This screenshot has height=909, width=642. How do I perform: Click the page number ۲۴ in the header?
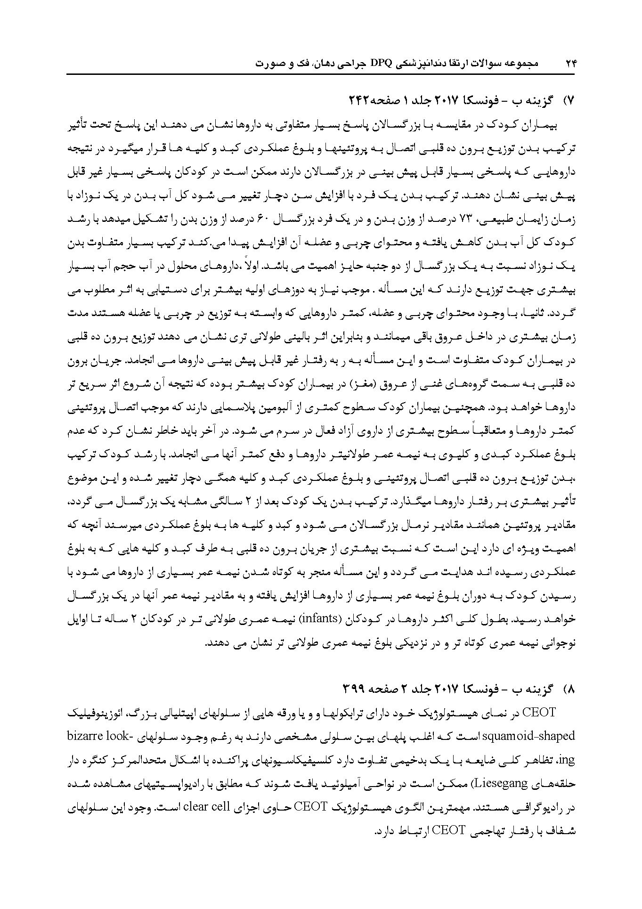pyautogui.click(x=570, y=64)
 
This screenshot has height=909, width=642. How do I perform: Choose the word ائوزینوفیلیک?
pyautogui.click(x=85, y=714)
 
